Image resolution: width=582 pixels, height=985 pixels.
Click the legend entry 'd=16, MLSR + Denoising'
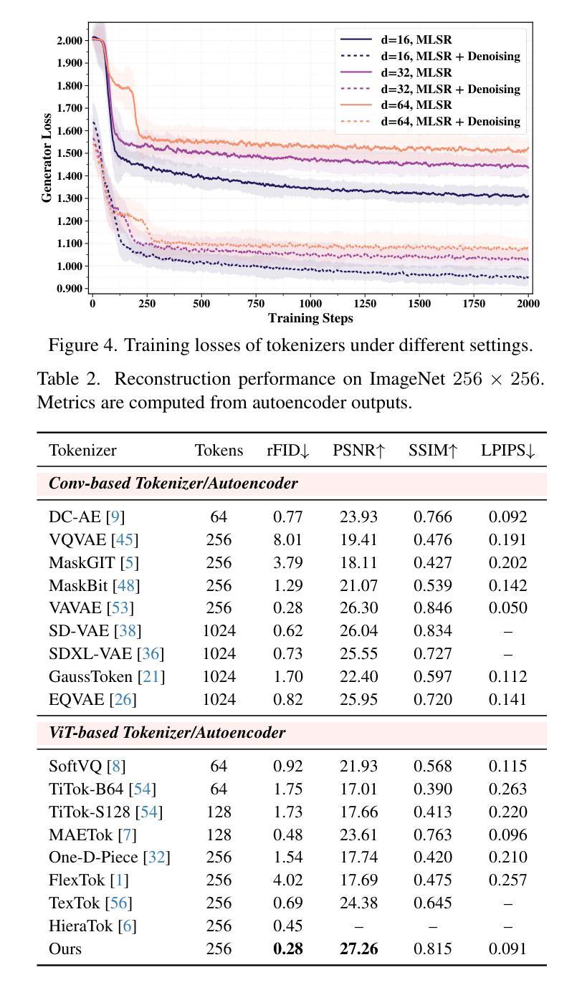[x=450, y=56]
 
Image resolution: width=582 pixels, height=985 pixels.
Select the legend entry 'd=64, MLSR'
[x=416, y=105]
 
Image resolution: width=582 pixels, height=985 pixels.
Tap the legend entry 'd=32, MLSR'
[x=416, y=72]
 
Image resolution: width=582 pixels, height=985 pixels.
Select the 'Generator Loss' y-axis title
[x=47, y=158]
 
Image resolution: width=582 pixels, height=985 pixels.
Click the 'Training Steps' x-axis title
[x=310, y=318]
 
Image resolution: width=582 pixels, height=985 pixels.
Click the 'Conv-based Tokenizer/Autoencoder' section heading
[x=173, y=484]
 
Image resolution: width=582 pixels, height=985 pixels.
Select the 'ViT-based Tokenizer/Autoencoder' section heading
[x=167, y=733]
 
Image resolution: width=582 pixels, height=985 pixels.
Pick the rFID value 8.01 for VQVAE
[x=287, y=539]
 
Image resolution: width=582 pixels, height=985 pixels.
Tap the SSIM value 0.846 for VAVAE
[x=432, y=608]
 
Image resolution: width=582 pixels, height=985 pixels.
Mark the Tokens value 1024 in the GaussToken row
[x=219, y=677]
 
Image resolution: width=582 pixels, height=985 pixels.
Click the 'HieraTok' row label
[x=80, y=926]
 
